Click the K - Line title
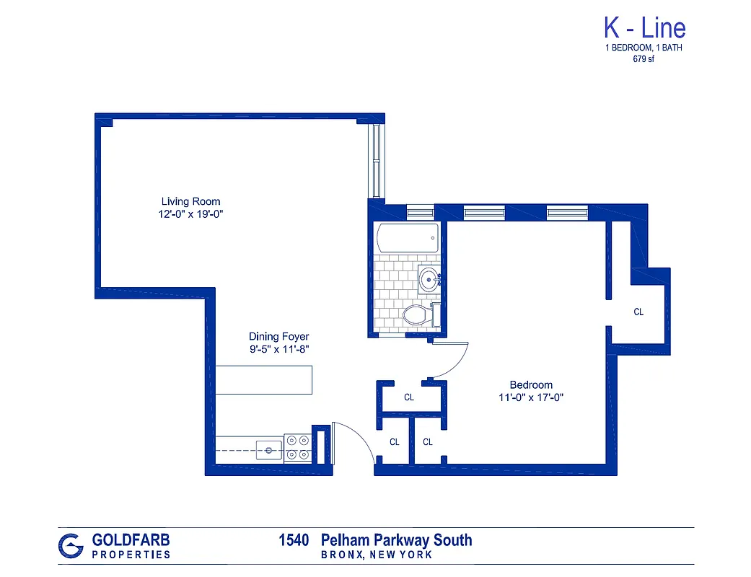click(x=644, y=28)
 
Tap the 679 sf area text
click(x=644, y=60)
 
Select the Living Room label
click(x=190, y=201)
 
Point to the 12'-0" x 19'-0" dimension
click(x=190, y=214)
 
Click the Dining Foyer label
click(x=278, y=337)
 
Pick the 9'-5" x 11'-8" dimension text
click(x=278, y=350)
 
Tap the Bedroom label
click(x=531, y=384)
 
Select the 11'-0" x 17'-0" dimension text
click(x=531, y=397)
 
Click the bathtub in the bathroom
click(x=407, y=238)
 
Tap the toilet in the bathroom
click(x=417, y=314)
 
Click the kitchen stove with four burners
click(x=297, y=447)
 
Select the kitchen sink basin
click(x=269, y=450)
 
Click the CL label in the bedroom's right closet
click(x=638, y=312)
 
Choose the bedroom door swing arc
click(x=452, y=360)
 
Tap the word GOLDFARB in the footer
click(x=131, y=539)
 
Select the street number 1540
click(x=294, y=540)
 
